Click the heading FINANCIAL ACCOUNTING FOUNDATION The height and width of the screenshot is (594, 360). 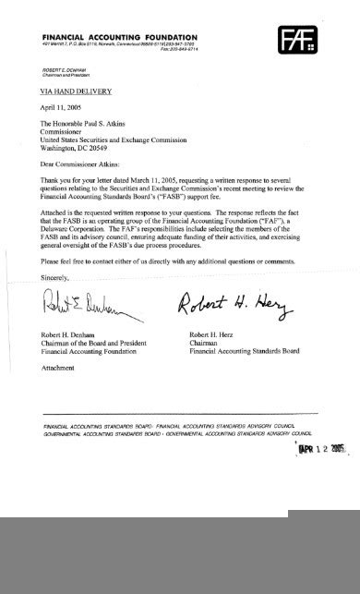[120, 32]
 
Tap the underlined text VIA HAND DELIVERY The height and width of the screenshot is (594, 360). [75, 91]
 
